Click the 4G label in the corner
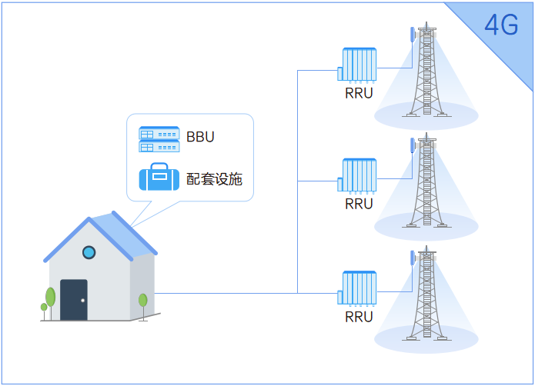501,25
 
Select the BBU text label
200,138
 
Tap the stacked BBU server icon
159,139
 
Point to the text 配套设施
214,179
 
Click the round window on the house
89,251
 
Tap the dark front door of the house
74,300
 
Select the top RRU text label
359,94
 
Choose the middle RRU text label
359,204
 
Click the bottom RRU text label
359,316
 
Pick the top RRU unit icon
358,65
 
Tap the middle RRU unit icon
358,176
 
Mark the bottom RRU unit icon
358,288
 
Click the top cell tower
426,73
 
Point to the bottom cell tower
426,295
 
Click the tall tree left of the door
51,298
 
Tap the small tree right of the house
142,301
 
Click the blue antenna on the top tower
413,35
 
